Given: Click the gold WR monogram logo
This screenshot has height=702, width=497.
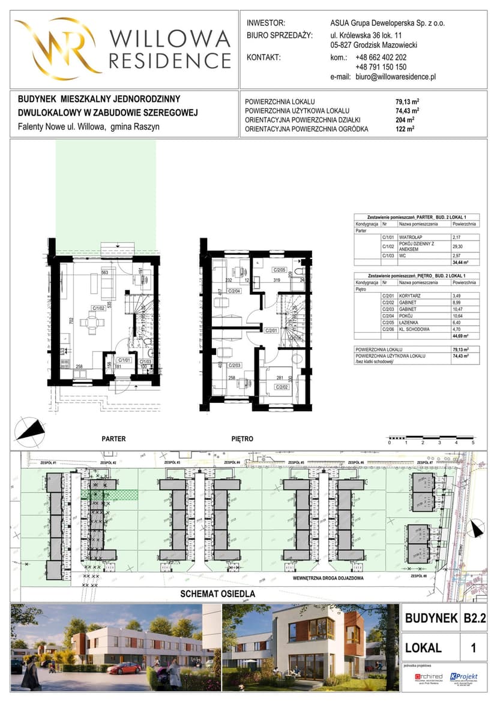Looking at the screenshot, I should point(58,49).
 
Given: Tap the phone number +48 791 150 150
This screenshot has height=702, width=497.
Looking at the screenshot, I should point(381,67).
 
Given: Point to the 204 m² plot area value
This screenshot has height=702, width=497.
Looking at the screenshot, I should point(408,119).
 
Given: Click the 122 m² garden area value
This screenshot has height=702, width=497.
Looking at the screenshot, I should point(408,128).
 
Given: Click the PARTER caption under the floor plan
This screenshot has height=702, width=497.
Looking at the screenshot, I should point(113,439).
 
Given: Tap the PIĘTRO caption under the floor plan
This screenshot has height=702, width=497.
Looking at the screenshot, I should point(242,439).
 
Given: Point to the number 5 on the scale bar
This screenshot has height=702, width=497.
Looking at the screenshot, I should point(473,442).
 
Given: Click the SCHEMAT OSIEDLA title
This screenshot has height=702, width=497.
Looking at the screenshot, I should point(218,594).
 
